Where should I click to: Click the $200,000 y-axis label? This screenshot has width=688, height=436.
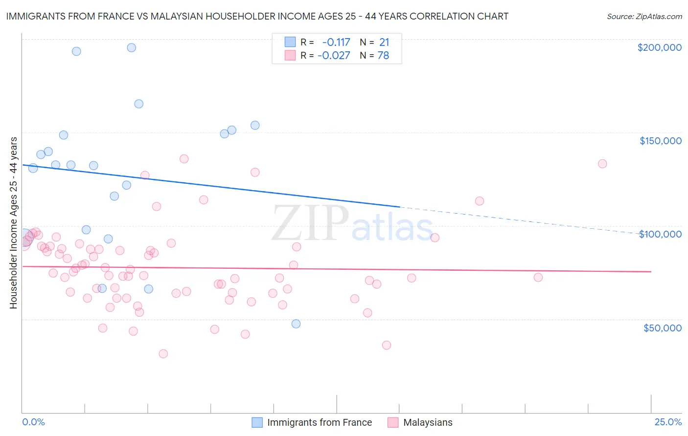659,47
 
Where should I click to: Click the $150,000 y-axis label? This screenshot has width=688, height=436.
660,141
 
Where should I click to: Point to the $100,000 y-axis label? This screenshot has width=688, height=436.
660,234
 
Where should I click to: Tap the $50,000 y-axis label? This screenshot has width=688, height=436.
662,327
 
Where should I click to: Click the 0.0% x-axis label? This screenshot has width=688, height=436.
33,422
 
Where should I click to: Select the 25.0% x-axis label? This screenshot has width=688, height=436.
668,422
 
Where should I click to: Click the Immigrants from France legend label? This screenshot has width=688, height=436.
320,422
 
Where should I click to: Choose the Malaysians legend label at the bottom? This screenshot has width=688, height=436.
428,422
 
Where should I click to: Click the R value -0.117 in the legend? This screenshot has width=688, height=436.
336,42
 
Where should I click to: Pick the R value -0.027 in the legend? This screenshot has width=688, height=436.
334,55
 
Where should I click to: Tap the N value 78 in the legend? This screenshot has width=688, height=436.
383,55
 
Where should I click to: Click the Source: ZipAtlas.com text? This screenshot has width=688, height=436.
644,16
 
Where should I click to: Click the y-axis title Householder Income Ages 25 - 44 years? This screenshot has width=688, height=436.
13,223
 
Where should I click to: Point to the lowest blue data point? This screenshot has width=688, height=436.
296,324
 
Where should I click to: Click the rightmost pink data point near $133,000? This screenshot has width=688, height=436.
602,164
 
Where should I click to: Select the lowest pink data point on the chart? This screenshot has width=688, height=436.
163,353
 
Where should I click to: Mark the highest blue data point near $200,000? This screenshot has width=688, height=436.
131,47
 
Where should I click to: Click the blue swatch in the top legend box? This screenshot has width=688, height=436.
290,42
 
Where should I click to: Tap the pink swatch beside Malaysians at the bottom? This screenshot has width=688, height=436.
392,422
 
